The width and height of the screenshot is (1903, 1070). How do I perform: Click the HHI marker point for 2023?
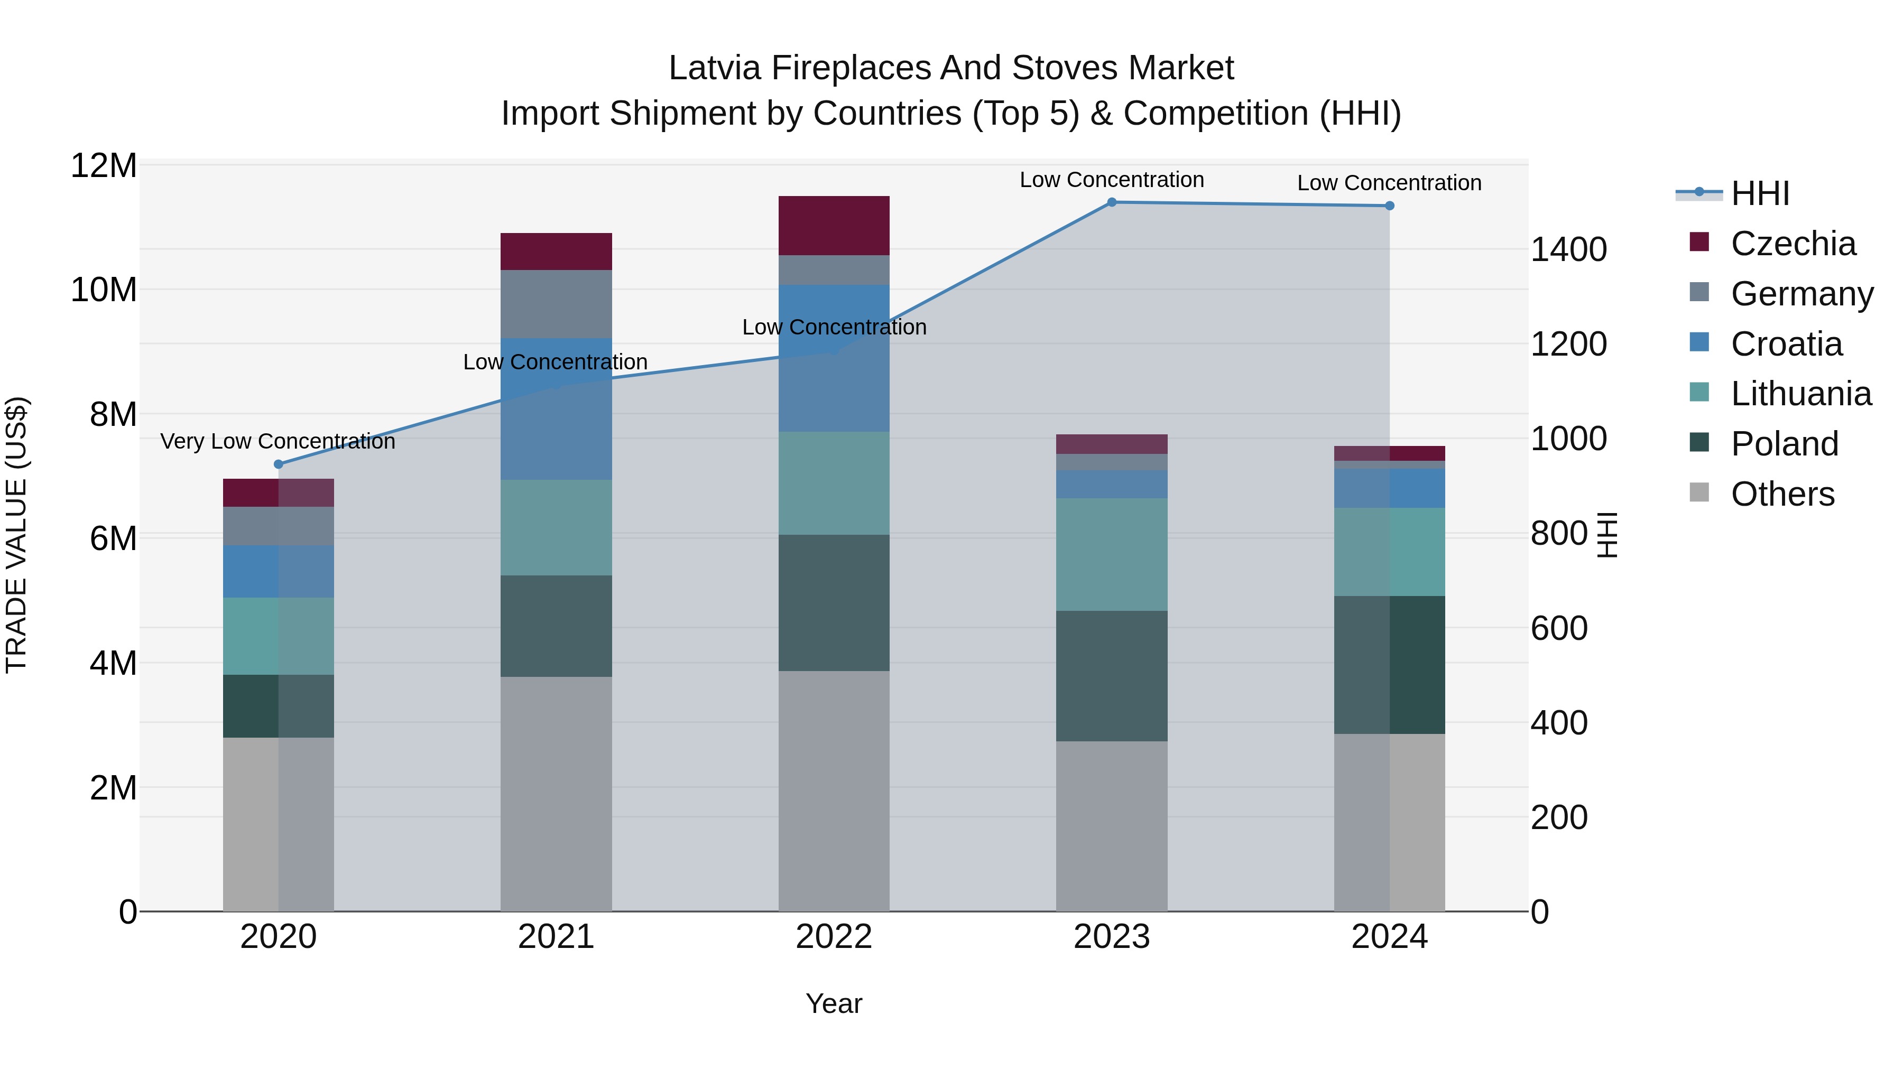click(1112, 202)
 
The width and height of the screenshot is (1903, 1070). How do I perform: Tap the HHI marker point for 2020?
click(279, 464)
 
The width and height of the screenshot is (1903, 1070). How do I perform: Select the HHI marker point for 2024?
click(1390, 206)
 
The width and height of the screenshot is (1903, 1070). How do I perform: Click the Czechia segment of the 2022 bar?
click(834, 226)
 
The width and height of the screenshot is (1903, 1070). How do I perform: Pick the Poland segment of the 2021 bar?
click(556, 626)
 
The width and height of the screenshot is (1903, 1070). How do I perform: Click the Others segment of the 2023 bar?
click(1112, 826)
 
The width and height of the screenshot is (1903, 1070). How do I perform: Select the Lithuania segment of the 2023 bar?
click(1112, 555)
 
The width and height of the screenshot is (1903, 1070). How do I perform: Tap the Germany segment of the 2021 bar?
click(556, 304)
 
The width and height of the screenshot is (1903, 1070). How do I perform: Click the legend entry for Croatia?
click(1786, 344)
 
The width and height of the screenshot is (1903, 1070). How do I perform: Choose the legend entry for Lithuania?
click(1800, 394)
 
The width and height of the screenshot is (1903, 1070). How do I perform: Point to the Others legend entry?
click(1782, 494)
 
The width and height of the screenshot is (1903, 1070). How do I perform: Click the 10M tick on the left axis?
click(104, 290)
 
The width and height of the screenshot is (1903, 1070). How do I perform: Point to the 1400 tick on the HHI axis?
click(1568, 249)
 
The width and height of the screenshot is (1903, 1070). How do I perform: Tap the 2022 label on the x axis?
click(834, 937)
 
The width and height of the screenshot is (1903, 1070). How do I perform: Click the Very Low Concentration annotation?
click(278, 442)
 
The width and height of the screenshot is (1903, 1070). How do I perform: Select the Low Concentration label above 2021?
click(556, 362)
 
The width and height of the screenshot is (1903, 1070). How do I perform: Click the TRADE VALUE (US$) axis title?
click(16, 535)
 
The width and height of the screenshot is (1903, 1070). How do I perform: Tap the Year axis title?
click(834, 1003)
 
